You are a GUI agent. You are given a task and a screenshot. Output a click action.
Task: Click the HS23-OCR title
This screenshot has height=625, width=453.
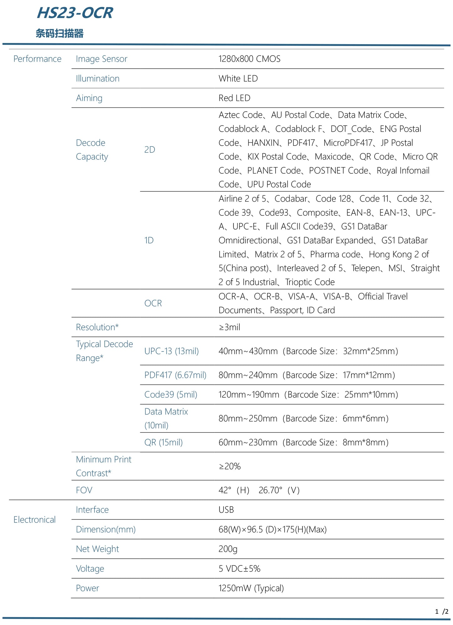click(75, 13)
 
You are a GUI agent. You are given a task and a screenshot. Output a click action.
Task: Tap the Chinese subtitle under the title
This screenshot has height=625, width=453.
click(60, 33)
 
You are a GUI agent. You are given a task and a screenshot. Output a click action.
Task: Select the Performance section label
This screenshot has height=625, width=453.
click(37, 59)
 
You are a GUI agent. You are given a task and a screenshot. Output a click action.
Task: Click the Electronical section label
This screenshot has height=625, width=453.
click(34, 520)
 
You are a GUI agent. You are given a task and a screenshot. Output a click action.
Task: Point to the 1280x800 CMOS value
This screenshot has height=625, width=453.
click(249, 59)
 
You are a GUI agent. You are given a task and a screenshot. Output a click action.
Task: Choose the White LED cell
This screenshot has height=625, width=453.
click(238, 78)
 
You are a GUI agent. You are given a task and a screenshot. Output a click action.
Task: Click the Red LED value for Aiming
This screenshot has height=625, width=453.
click(234, 98)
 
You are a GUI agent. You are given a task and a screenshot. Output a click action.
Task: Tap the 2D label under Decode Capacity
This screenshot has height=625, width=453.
click(150, 150)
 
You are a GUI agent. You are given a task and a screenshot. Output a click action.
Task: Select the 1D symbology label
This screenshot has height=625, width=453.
click(149, 240)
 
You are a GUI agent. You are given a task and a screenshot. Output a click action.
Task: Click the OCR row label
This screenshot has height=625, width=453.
click(153, 303)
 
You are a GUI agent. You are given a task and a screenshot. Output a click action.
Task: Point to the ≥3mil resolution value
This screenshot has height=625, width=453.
click(229, 327)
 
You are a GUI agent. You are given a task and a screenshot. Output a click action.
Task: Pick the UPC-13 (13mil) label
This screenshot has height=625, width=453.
click(171, 351)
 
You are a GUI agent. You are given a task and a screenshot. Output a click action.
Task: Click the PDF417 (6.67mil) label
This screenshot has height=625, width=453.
click(175, 375)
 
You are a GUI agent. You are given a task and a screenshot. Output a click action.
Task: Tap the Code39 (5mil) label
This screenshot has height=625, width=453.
click(171, 395)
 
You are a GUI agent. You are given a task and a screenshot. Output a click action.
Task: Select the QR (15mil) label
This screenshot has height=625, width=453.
click(163, 442)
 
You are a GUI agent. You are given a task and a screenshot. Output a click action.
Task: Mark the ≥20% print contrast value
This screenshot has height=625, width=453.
click(229, 466)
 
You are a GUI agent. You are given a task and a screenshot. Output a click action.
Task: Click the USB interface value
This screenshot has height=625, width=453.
click(226, 510)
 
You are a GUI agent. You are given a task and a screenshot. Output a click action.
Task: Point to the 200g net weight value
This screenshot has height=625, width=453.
click(228, 549)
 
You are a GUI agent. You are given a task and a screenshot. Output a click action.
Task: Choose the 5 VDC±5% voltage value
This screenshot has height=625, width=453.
click(239, 569)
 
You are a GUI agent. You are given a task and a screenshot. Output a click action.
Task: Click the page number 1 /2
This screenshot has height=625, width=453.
click(441, 612)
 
